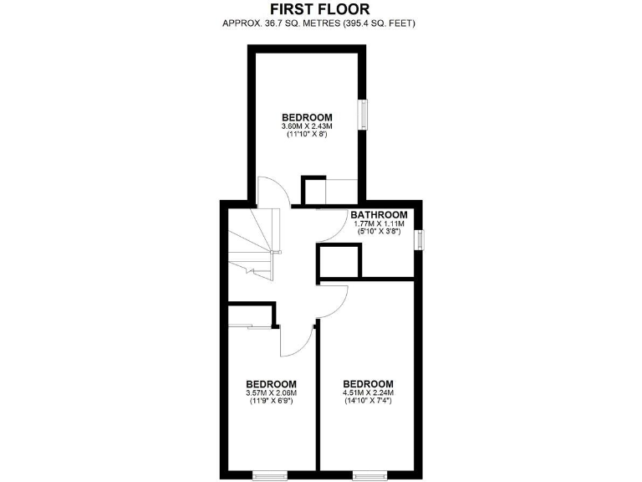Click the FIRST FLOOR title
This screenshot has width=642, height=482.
(x=321, y=9)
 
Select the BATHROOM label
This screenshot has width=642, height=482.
(x=379, y=215)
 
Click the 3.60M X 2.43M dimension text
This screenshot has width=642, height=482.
(x=307, y=126)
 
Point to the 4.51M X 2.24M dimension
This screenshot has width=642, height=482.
(x=368, y=392)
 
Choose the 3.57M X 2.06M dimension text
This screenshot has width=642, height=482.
(x=272, y=392)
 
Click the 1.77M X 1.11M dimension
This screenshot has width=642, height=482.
(x=379, y=224)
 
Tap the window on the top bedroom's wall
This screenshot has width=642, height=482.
(x=364, y=115)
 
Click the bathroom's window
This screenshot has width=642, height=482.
(x=420, y=239)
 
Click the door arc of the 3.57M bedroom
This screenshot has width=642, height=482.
(x=297, y=341)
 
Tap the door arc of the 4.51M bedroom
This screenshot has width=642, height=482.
(x=332, y=300)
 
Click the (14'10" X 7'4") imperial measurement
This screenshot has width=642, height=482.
(x=368, y=401)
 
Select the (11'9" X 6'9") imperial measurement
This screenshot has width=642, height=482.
(x=272, y=401)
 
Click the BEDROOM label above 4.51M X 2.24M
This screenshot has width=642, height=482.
(x=368, y=383)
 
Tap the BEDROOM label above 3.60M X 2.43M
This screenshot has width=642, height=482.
(x=307, y=117)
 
